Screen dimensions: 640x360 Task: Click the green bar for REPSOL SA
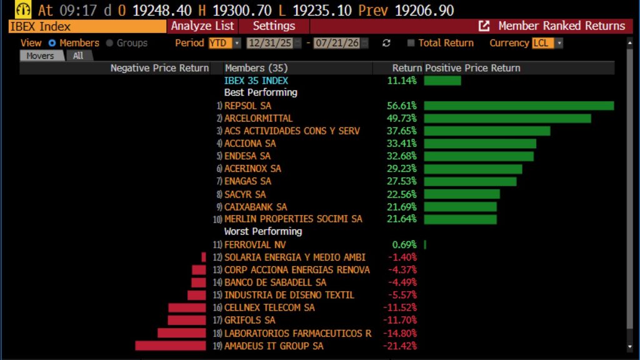pos(519,106)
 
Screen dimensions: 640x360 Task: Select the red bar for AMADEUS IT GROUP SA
pos(171,346)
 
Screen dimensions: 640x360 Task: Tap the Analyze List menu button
pos(202,26)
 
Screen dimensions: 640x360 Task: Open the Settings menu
pos(274,26)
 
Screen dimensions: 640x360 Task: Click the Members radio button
pos(52,43)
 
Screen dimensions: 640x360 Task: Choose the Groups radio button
pos(109,43)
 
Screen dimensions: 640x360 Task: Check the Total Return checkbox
pos(411,43)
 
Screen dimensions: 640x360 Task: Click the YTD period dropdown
pos(224,43)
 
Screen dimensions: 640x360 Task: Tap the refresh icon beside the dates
pos(386,43)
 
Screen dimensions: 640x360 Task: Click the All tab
pos(78,56)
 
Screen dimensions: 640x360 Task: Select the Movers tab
pos(41,56)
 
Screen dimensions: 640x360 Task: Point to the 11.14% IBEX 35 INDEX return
pos(402,81)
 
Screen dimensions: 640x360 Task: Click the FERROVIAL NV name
pos(255,245)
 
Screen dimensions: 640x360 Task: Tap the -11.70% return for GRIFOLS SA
pos(400,321)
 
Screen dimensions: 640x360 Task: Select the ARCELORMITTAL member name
pos(258,118)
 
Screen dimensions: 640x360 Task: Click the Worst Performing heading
pos(263,231)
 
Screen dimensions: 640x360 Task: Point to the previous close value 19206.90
pos(424,10)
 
